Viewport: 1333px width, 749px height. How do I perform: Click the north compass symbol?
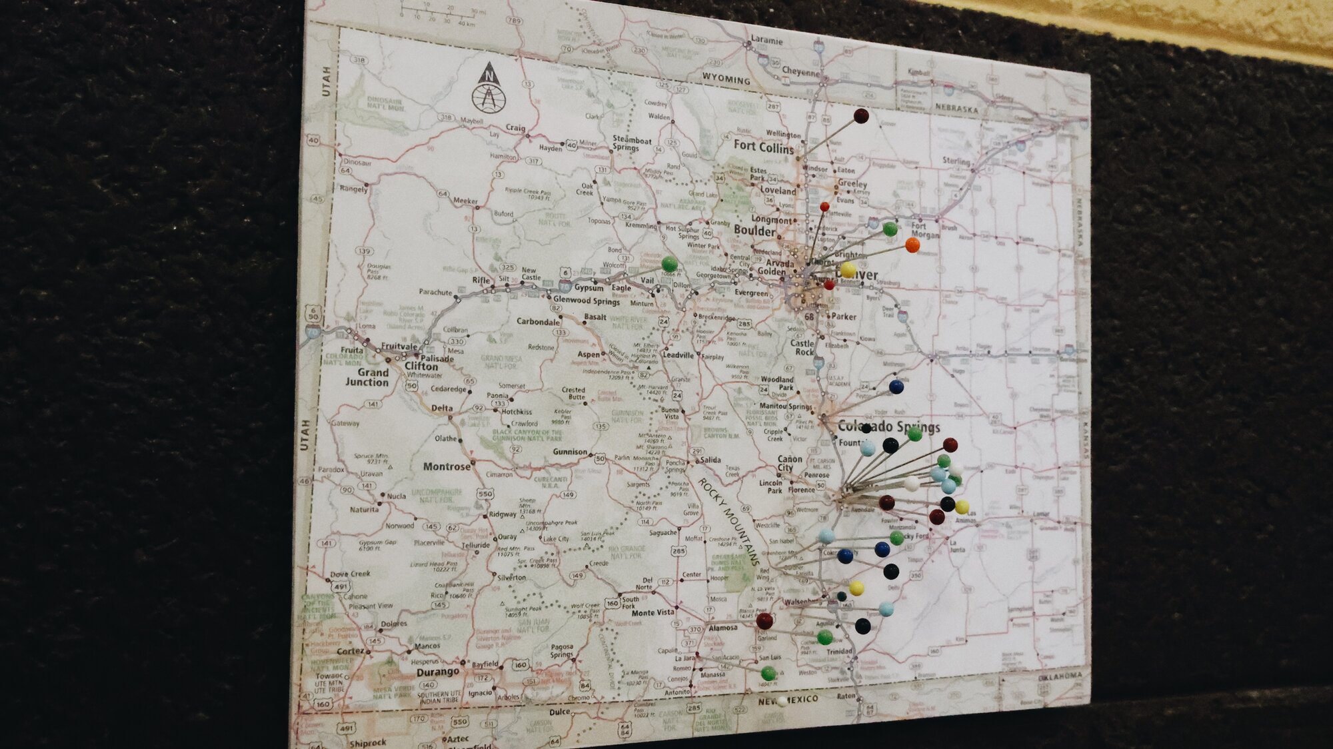[489, 88]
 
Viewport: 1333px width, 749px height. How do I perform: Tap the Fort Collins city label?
[764, 146]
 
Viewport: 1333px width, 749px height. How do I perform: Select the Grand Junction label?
[369, 377]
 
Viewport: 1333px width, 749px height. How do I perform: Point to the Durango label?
[437, 672]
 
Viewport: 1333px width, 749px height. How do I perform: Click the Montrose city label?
[447, 466]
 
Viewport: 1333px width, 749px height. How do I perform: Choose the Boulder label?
[754, 231]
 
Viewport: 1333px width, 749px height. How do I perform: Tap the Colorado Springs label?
[888, 426]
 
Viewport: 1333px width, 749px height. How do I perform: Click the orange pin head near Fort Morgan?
[912, 245]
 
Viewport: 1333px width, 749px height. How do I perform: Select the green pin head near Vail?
[669, 264]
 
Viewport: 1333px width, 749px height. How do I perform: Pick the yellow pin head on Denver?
[848, 270]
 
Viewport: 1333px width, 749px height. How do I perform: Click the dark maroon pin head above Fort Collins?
[861, 116]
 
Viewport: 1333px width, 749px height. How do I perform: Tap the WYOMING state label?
[726, 79]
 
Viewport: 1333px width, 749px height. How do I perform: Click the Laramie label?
[766, 40]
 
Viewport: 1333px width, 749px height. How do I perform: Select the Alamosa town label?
[722, 628]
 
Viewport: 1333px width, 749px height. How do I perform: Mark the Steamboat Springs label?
[632, 143]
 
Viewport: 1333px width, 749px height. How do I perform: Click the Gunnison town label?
[570, 452]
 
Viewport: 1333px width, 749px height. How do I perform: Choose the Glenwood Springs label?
[586, 301]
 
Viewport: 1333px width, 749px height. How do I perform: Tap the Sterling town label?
[956, 161]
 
